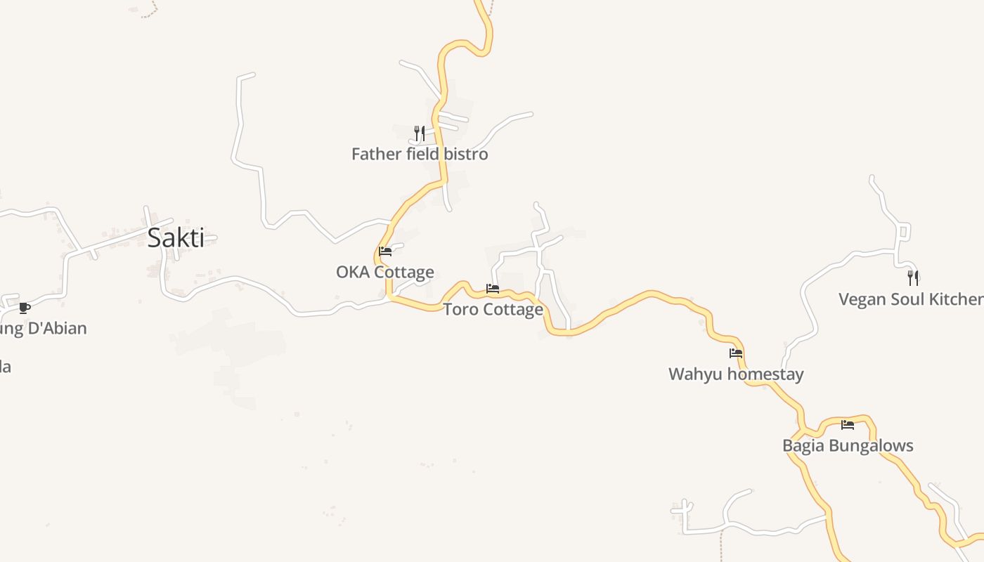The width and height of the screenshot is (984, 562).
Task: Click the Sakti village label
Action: [x=176, y=238]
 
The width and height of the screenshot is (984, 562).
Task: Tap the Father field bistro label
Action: [x=420, y=154]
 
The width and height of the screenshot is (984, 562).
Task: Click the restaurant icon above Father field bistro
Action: [x=420, y=132]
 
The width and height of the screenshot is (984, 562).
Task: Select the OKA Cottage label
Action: [x=385, y=272]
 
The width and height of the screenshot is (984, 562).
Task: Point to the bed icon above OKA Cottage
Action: [x=385, y=251]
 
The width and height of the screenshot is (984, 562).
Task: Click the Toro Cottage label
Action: [x=493, y=309]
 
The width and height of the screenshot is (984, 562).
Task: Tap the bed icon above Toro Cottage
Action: [x=493, y=288]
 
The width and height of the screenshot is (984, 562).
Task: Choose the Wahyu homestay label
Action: [x=736, y=374]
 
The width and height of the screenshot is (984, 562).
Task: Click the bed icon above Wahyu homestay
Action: [x=736, y=353]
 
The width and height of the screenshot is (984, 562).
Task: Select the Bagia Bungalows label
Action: [x=848, y=445]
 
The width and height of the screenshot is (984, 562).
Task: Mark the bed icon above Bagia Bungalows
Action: [x=848, y=424]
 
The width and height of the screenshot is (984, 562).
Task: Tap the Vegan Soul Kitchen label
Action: [x=911, y=299]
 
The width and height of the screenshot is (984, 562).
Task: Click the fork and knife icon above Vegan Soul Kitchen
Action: [x=912, y=277]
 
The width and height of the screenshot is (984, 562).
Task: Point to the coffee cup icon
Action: [x=25, y=307]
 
